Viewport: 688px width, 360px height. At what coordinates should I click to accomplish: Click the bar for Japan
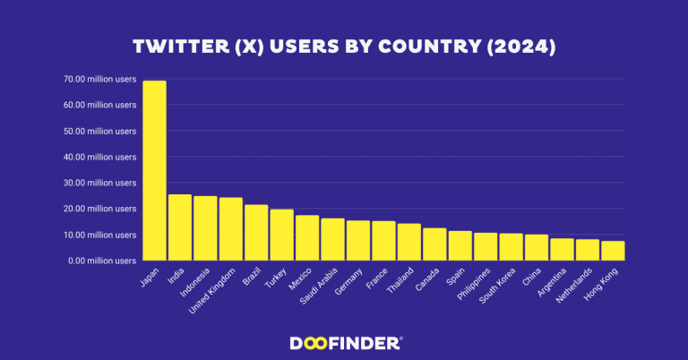154,170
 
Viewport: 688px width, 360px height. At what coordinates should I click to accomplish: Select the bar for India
180,227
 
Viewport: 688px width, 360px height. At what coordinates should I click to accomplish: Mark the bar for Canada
434,244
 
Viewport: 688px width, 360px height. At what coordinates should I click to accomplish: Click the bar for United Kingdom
231,229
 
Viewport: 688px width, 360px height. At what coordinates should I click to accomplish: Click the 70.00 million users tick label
99,79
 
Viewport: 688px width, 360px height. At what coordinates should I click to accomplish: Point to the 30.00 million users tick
99,183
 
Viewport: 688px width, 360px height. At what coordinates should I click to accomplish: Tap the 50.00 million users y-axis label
99,131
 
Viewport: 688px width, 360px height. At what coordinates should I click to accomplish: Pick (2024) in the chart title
522,47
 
